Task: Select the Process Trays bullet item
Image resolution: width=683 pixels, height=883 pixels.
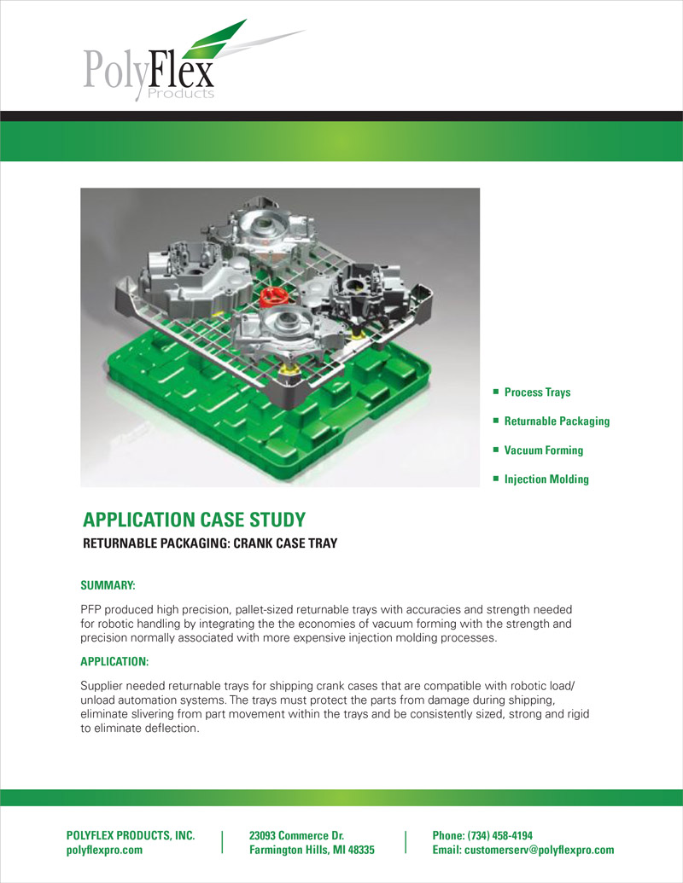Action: [x=537, y=392]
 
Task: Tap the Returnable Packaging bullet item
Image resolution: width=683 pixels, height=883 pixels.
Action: [x=557, y=421]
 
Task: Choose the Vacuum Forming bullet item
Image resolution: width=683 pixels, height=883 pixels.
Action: [x=543, y=450]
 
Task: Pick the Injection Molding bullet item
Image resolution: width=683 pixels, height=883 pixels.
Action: [x=546, y=479]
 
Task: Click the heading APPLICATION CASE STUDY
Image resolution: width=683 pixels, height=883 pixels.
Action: [x=194, y=520]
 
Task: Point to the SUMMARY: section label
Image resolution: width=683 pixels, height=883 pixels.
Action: [x=108, y=586]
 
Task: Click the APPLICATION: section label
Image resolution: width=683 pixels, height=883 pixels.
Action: [x=114, y=661]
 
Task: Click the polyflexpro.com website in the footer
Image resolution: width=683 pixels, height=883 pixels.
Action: [x=105, y=851]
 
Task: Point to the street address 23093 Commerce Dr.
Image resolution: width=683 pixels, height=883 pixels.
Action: [x=296, y=835]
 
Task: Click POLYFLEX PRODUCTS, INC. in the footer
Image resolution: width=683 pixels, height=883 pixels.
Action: [x=131, y=835]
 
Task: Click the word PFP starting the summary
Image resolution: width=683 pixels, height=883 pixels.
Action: [x=90, y=610]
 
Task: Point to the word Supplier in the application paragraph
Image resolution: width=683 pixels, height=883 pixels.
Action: [x=102, y=687]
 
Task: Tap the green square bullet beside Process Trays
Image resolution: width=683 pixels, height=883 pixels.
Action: [x=495, y=392]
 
